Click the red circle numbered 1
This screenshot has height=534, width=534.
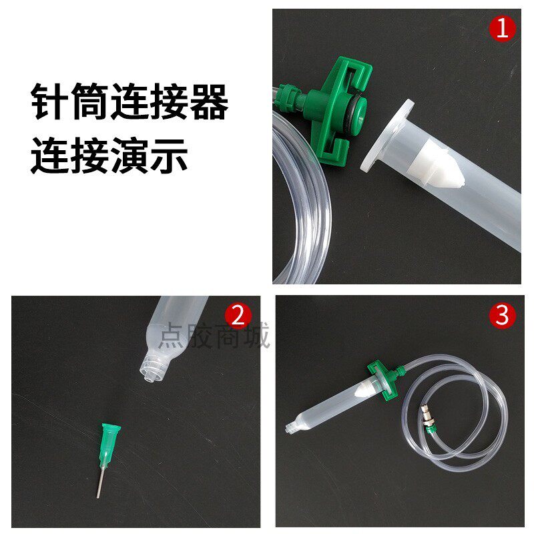pyautogui.click(x=503, y=29)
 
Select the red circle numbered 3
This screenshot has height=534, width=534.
pyautogui.click(x=503, y=314)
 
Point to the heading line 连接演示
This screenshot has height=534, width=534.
pyautogui.click(x=109, y=156)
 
